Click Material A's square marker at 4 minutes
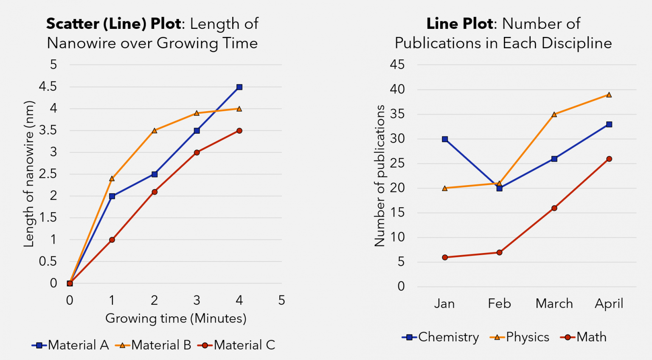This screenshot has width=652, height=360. pyautogui.click(x=239, y=87)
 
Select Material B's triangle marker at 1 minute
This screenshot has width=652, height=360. pyautogui.click(x=112, y=178)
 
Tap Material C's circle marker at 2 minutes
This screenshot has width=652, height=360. pyautogui.click(x=155, y=192)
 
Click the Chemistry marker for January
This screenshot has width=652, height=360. pyautogui.click(x=445, y=139)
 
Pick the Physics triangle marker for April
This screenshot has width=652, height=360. pyautogui.click(x=609, y=95)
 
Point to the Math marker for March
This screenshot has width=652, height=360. pyautogui.click(x=554, y=208)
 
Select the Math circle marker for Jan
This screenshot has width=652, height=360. pyautogui.click(x=445, y=257)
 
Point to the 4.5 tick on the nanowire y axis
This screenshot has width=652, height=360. pyautogui.click(x=48, y=87)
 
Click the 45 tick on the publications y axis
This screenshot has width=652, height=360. pyautogui.click(x=397, y=65)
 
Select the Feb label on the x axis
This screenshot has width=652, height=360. pyautogui.click(x=499, y=304)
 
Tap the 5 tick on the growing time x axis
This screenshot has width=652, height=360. pyautogui.click(x=281, y=301)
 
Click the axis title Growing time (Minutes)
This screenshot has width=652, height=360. pyautogui.click(x=176, y=318)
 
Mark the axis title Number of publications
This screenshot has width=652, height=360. pyautogui.click(x=379, y=176)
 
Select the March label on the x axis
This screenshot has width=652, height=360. pyautogui.click(x=554, y=304)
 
